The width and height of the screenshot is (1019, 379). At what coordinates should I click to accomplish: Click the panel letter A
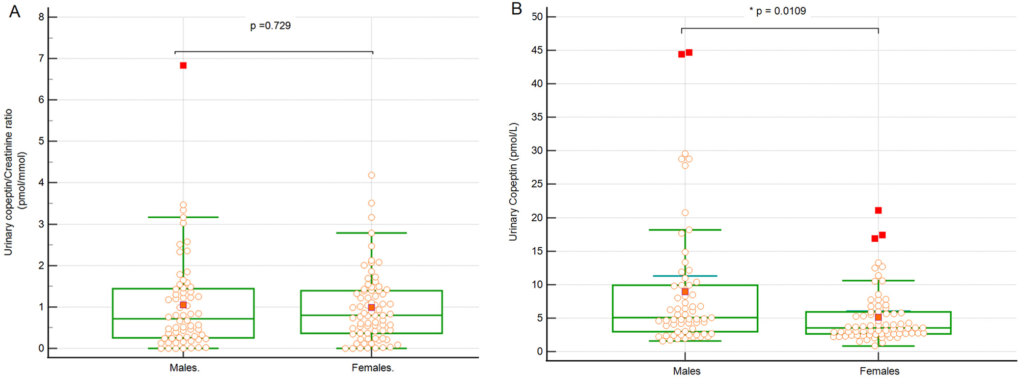pos(15,11)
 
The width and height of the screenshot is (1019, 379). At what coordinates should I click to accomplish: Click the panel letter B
pos(516,9)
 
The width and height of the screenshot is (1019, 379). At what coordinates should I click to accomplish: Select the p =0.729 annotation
pos(270,26)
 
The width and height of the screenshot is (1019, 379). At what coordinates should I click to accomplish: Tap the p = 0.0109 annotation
pos(778,11)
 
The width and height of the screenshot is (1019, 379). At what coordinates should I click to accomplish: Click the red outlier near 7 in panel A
pos(183,66)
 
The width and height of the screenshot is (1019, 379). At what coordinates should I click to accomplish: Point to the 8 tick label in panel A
pos(41,17)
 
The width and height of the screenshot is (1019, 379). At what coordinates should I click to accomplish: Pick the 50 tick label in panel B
pos(537,17)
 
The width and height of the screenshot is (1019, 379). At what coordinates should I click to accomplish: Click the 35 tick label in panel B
pos(537,117)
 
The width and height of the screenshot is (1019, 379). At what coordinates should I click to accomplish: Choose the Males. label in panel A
pos(184,368)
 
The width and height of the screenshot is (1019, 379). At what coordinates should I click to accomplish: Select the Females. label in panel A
pos(373,368)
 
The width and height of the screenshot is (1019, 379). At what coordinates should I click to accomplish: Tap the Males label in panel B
pos(686,371)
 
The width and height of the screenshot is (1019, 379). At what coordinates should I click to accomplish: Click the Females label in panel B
pos(879,371)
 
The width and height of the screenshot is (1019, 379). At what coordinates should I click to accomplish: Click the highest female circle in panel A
pos(372,176)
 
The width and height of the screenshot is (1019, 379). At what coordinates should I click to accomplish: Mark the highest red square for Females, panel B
pos(878,211)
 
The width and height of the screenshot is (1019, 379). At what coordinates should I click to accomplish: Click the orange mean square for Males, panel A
pos(183,305)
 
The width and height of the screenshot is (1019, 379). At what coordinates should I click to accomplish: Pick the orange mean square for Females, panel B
pos(878,317)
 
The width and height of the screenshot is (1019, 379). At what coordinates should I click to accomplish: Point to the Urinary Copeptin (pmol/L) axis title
pos(513,182)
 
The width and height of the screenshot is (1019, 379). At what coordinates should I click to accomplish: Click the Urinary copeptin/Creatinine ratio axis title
pos(9,182)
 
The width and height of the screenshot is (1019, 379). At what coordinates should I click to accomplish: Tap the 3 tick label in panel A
pos(41,224)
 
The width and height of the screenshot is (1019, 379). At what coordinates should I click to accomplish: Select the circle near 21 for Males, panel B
pos(685,213)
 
